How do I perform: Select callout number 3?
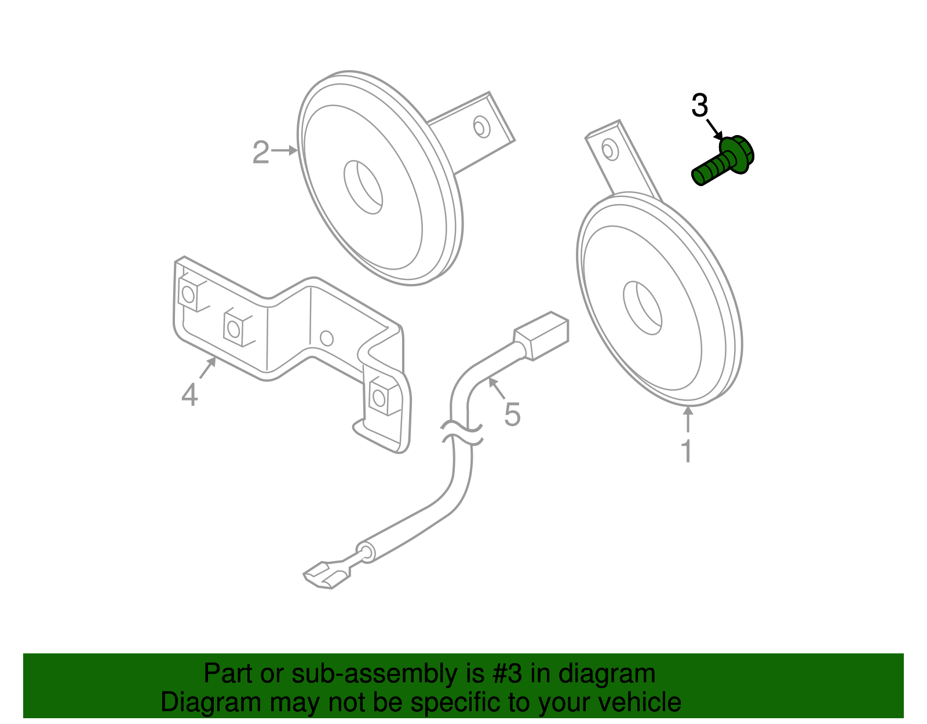coord(700,106)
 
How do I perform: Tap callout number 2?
coord(261,152)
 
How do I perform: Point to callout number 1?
coord(687,451)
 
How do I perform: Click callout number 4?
coord(189,395)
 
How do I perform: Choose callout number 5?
coord(512,414)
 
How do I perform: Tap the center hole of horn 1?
coord(642,308)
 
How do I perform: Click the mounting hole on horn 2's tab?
coord(481,127)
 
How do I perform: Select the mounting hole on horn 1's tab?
coord(608,150)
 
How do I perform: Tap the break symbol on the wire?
coord(462,434)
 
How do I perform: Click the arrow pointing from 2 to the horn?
coord(284,151)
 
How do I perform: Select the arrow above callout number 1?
coord(688,420)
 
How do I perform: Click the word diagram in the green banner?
coord(607,674)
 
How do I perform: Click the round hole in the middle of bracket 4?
coord(327,338)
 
